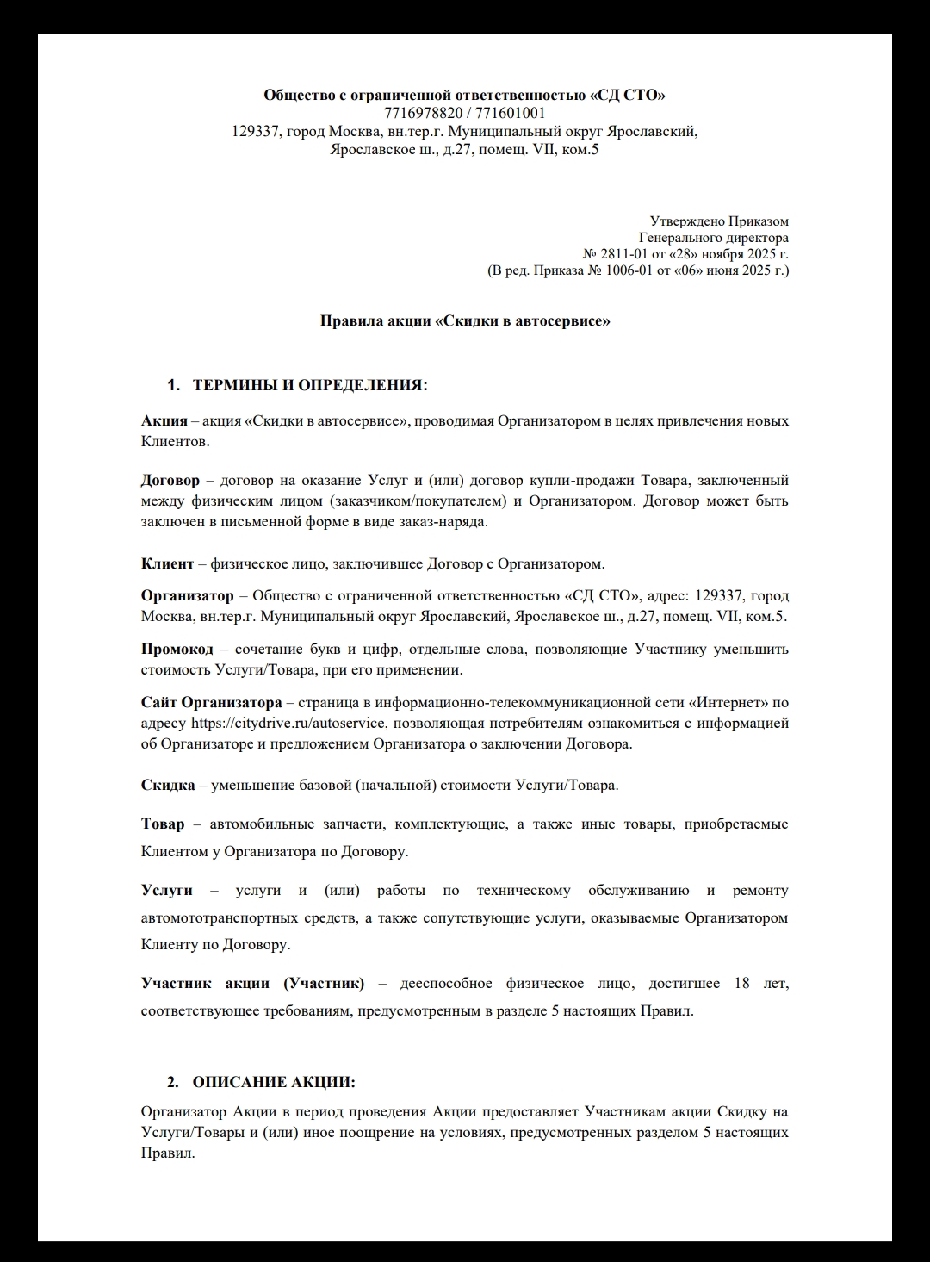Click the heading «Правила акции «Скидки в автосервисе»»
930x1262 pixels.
[465, 321]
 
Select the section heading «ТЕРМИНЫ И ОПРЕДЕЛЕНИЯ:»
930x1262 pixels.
[309, 384]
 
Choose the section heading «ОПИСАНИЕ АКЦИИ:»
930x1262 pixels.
[273, 1082]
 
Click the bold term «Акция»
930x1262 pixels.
[164, 421]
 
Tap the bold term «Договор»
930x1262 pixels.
[170, 480]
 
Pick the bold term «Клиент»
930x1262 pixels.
[167, 564]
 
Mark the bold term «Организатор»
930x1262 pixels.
[187, 596]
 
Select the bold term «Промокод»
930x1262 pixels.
[177, 649]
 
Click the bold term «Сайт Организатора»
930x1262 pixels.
[211, 702]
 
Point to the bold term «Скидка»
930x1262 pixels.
[168, 786]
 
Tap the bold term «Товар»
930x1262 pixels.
[163, 824]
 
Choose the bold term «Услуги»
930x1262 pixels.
[167, 890]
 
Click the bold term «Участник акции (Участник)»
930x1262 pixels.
[252, 984]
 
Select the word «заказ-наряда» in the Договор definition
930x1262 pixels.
[444, 521]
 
